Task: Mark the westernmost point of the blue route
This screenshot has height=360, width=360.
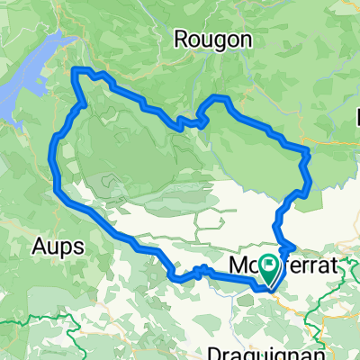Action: (x=55, y=171)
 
